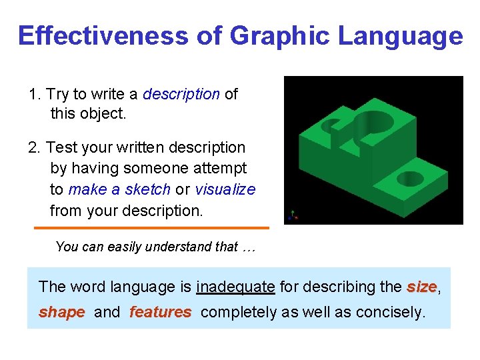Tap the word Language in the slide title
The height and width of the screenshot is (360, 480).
400,35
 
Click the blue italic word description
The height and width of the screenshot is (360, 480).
181,94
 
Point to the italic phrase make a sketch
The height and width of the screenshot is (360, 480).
119,189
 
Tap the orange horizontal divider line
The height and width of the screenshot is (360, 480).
151,228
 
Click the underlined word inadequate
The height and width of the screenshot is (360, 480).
235,287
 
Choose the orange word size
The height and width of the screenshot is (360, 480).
421,287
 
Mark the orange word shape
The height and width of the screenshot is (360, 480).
62,313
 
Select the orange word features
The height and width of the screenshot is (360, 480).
160,313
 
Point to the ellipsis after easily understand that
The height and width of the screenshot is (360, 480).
249,247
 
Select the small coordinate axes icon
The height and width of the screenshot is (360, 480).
291,215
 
